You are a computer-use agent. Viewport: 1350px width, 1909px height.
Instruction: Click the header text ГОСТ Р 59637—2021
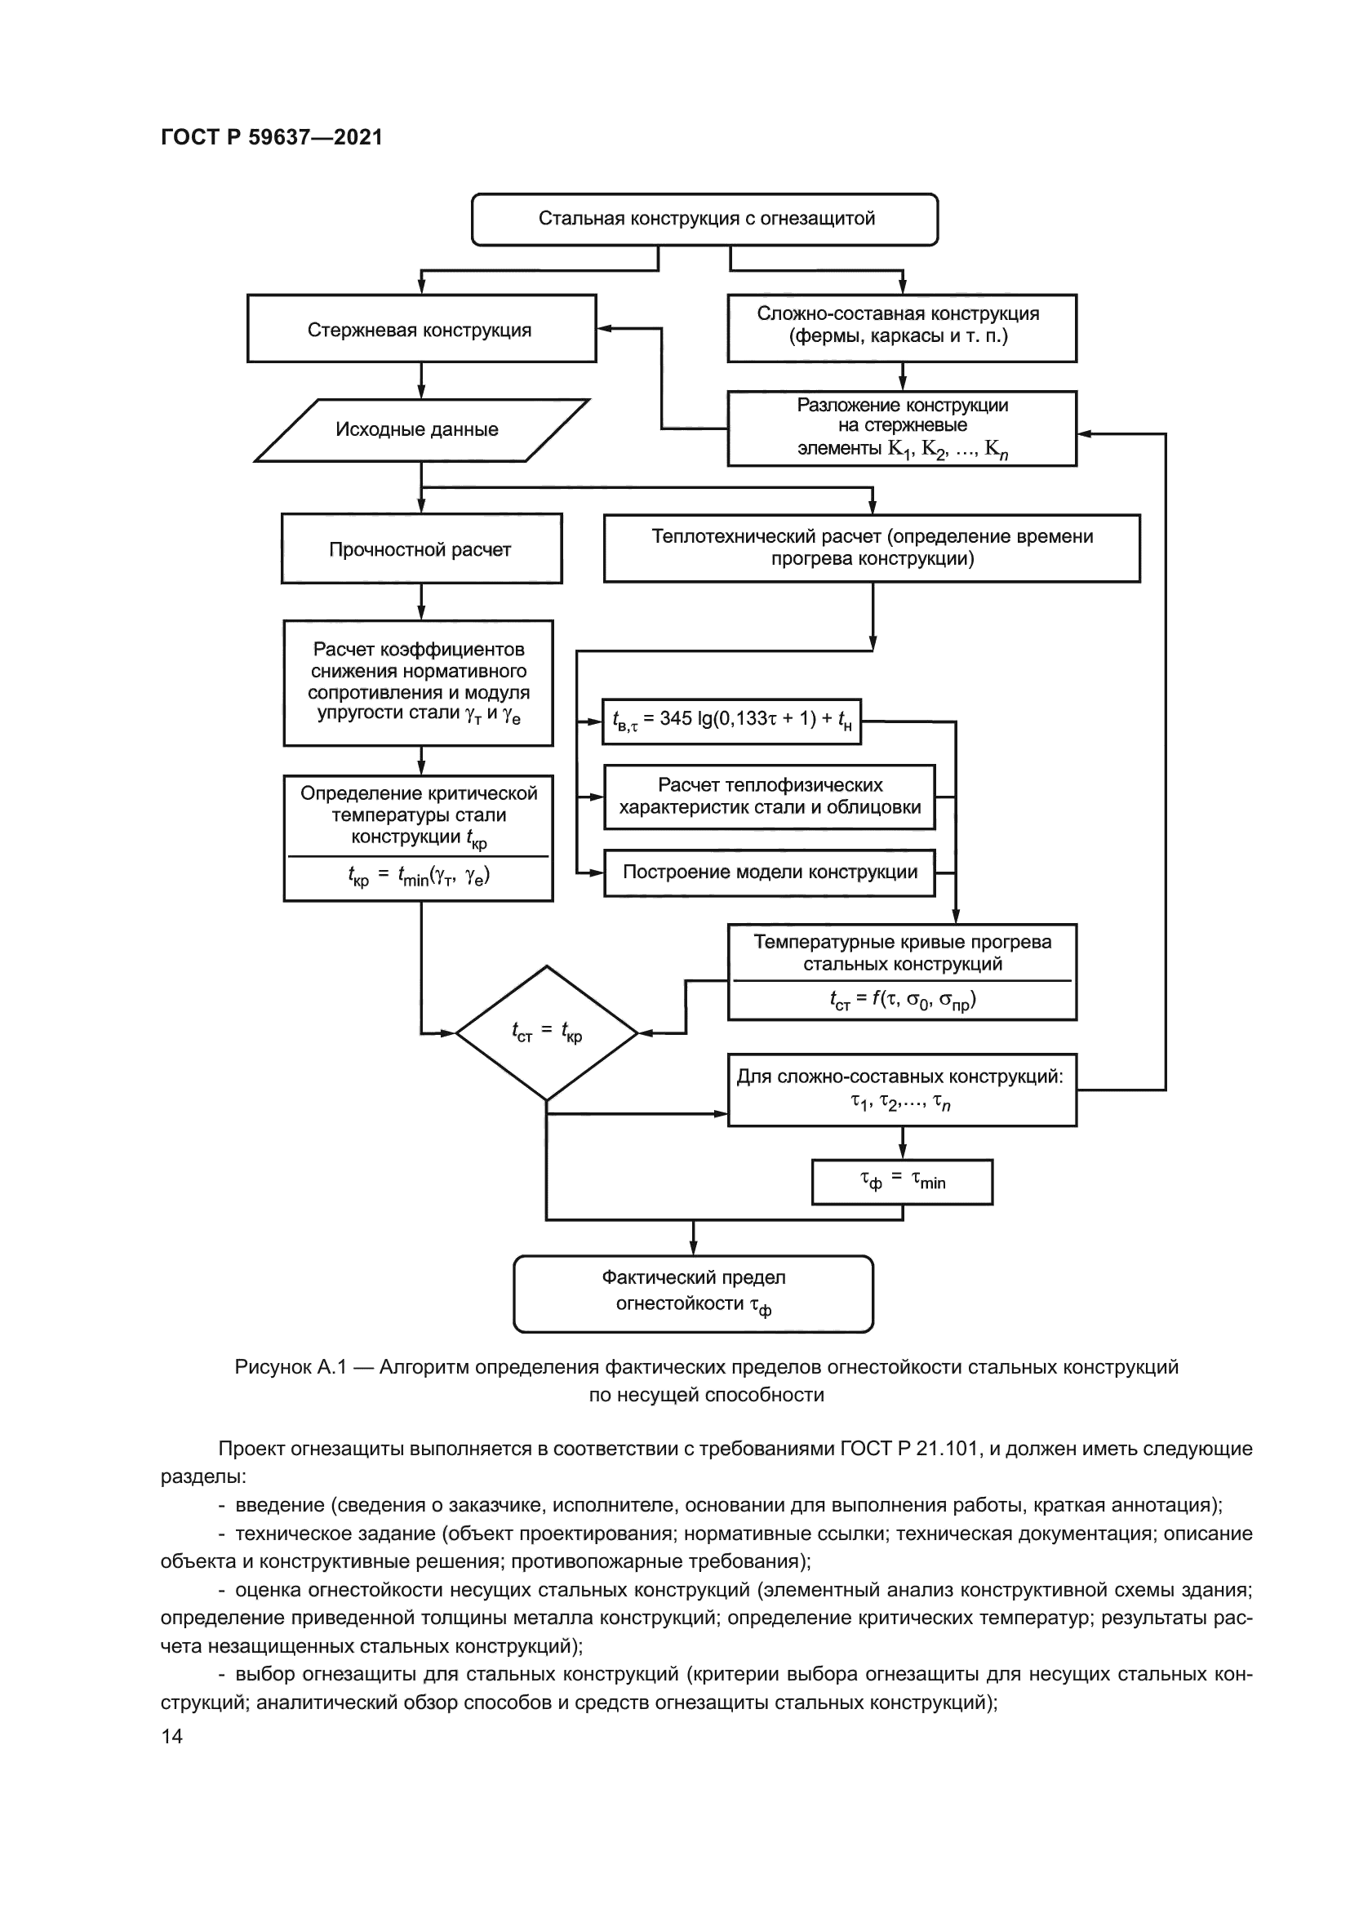coord(271,137)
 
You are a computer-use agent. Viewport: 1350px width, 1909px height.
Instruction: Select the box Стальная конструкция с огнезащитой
coord(705,220)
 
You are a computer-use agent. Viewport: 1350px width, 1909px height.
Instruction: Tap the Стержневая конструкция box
coord(421,329)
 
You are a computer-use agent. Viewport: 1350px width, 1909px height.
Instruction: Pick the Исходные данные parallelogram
coord(420,430)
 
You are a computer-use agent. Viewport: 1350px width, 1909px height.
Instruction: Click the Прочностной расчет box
coord(421,548)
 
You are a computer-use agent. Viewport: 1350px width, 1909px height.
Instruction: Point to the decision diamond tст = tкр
coord(546,1032)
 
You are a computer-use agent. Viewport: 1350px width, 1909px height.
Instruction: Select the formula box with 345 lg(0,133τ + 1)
coord(731,721)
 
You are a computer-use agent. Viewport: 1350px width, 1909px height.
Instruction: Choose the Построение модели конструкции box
coord(769,872)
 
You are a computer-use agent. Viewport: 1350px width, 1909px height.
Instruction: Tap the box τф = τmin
coord(902,1182)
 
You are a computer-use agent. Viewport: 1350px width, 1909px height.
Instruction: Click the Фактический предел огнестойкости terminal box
coord(693,1293)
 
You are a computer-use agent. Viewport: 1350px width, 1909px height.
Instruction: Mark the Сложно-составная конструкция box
coord(902,327)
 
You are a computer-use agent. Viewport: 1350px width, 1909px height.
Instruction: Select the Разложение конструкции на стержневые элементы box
coord(902,428)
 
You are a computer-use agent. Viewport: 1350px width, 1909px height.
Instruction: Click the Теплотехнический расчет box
coord(871,548)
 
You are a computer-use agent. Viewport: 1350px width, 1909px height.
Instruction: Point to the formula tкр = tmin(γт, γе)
coord(418,877)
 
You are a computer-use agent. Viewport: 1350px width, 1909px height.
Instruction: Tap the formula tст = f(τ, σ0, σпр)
coord(902,1000)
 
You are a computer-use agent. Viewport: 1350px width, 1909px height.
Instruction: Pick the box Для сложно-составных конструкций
coord(902,1090)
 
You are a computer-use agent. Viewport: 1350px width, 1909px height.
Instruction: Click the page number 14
coord(172,1736)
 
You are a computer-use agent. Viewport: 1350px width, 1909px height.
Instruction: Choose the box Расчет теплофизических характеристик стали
coord(769,797)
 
